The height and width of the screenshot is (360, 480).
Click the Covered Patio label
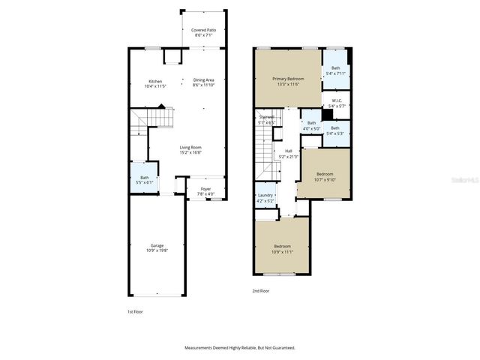(x=204, y=32)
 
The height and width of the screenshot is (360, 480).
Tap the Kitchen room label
(x=155, y=83)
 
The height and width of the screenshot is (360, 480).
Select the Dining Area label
(x=204, y=82)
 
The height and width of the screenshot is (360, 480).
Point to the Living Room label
(x=190, y=149)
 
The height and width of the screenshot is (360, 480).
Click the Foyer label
(x=205, y=191)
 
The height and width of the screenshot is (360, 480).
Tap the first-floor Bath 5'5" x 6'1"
(x=144, y=179)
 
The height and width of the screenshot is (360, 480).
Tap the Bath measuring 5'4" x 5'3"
(x=335, y=130)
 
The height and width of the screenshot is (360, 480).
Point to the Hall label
(x=288, y=154)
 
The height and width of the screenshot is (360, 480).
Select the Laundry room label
(x=265, y=198)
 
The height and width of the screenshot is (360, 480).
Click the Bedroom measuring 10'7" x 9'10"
(x=324, y=176)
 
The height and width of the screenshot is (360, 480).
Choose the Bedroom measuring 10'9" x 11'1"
(x=282, y=249)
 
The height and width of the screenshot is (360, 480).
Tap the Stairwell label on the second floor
(x=267, y=119)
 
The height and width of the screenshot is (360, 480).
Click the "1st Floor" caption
(x=134, y=310)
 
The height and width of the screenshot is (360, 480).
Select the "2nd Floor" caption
(x=260, y=290)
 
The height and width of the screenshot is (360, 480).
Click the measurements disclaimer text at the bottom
(x=240, y=348)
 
